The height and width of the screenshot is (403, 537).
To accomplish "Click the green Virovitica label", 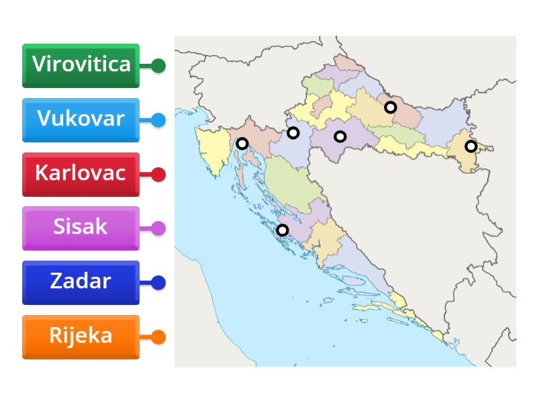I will point(81,65).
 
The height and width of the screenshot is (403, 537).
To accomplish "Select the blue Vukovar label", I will point(81,120).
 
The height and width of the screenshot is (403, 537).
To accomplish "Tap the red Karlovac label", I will point(81,174).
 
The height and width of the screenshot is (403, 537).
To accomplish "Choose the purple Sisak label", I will point(81,228).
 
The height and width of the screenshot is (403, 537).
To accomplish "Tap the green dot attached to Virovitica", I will point(158,66).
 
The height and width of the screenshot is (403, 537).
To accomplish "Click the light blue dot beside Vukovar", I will point(158,120).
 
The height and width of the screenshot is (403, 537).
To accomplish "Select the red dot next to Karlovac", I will point(158,175).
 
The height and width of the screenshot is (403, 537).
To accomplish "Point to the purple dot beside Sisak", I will point(158,228).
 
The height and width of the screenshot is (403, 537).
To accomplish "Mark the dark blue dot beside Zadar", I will point(158,283).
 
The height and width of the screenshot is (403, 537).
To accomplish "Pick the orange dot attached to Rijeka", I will point(158,337).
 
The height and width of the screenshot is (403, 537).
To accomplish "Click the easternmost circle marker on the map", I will point(471,146).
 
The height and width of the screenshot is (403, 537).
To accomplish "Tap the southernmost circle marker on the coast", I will point(283,230).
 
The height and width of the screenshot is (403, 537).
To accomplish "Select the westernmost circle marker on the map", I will point(242,143).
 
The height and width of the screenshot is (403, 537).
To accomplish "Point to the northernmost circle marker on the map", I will point(390,107).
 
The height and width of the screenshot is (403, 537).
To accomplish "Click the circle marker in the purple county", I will point(340,136).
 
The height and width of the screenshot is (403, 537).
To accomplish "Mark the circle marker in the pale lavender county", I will point(293,132).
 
